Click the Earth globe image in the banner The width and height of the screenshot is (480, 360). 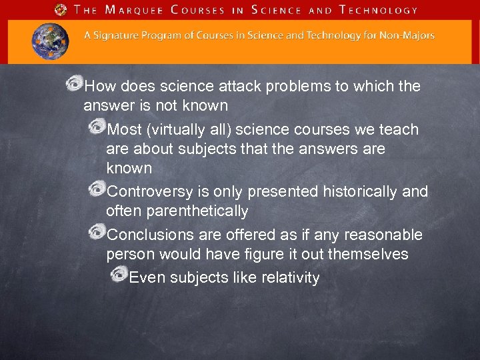[x=50, y=41]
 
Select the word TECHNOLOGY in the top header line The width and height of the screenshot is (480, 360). [x=378, y=10]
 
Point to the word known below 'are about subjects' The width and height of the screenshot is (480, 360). [x=129, y=168]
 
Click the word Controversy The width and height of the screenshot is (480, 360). [x=151, y=193]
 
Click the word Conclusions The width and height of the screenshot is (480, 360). [x=150, y=235]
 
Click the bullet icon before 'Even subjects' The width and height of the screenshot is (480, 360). [x=119, y=275]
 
